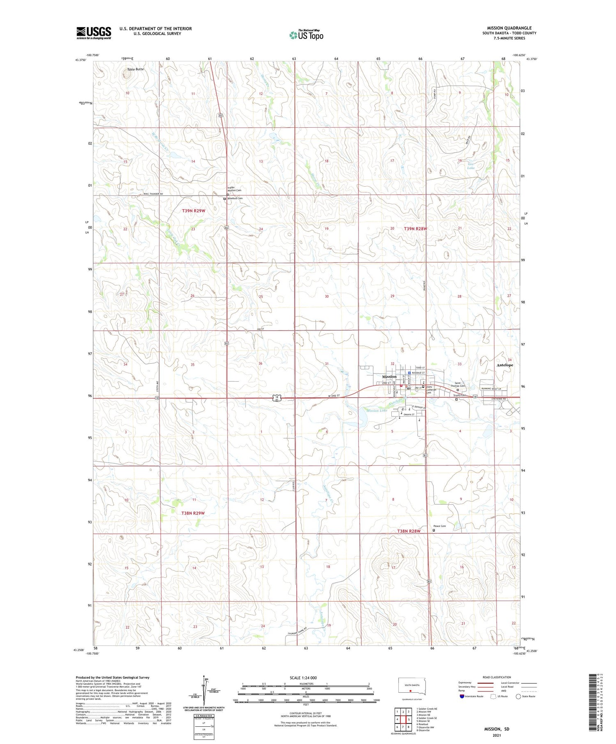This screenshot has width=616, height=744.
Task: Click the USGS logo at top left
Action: [94, 33]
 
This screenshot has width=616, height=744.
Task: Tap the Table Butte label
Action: [135, 69]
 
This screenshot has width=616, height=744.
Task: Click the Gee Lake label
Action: [471, 166]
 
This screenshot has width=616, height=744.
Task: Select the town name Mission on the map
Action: [389, 376]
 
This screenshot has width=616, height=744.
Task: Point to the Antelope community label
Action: [505, 365]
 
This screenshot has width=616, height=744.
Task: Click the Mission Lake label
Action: [377, 410]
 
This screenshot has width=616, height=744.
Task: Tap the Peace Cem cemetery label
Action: [439, 526]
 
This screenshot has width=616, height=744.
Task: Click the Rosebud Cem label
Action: [235, 198]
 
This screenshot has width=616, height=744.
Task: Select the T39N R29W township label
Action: [193, 211]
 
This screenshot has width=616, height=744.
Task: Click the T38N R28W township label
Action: [409, 531]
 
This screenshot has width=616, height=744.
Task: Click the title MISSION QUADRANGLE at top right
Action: [509, 28]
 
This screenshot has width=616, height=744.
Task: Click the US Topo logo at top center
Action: [306, 35]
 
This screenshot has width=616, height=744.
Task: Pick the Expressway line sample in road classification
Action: [487, 683]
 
